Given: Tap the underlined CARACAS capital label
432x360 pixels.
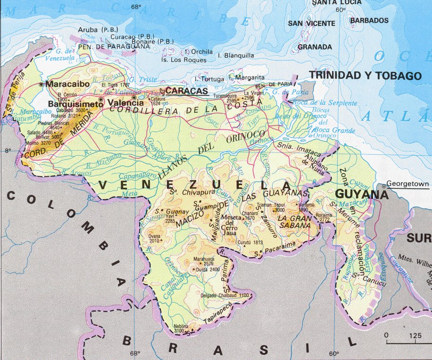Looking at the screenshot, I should tap(187, 91).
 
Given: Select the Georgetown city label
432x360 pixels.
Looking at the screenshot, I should tap(407, 184).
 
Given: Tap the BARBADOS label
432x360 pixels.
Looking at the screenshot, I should tap(369, 21).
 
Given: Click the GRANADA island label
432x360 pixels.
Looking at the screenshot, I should tap(315, 47).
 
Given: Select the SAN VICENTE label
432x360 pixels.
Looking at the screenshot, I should tap(312, 23).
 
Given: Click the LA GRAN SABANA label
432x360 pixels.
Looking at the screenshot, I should tap(294, 222).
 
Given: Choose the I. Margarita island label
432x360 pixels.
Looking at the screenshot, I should tap(246, 77).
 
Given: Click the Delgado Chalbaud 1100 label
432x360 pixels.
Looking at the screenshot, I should tap(224, 295).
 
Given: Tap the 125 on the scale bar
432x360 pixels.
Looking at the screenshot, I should tap(415, 335).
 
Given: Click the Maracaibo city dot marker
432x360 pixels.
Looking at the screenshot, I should tap(42, 84).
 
